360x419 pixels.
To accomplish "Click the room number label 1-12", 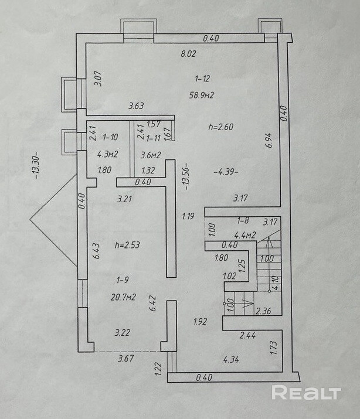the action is [x=202, y=77].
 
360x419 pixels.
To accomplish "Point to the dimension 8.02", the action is [x=188, y=54].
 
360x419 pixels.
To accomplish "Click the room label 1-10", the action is [x=110, y=138].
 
